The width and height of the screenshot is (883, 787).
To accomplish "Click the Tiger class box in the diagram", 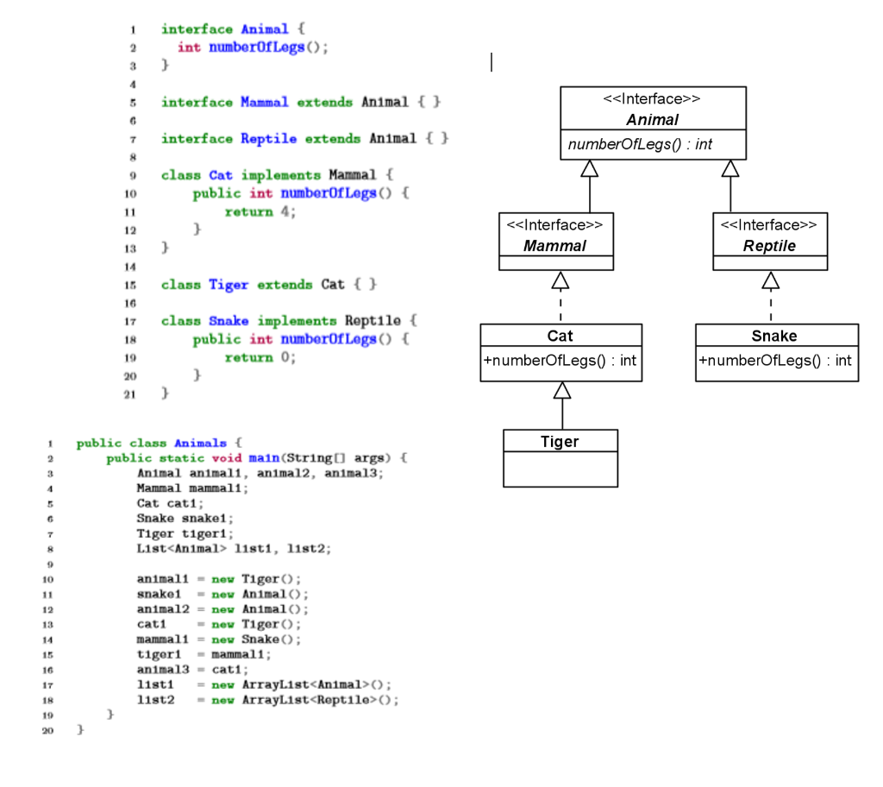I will tap(560, 457).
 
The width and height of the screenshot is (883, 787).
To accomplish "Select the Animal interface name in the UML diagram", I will tap(652, 120).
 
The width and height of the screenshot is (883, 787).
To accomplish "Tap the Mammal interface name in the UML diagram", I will tap(554, 246).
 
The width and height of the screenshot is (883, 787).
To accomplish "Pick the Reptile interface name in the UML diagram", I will tap(769, 246).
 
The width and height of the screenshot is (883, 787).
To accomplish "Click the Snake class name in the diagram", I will tap(774, 336).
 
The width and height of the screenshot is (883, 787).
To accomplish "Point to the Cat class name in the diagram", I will tap(560, 336).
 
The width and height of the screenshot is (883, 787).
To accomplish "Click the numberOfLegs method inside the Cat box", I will tap(560, 361).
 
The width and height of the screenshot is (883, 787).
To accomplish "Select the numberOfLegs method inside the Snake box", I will tap(775, 361).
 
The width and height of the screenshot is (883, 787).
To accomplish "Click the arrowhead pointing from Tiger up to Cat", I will tap(562, 391).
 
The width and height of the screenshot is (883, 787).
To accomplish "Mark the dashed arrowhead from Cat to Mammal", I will tap(560, 280).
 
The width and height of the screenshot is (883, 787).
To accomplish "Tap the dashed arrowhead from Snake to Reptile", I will tap(771, 280).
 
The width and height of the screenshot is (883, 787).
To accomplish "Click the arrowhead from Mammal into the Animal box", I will tap(590, 169).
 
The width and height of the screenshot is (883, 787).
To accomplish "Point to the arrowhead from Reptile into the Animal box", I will tap(730, 169).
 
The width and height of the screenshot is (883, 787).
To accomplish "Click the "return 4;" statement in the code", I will tap(260, 211).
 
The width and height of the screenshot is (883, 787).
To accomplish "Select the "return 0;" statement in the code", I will tap(260, 357).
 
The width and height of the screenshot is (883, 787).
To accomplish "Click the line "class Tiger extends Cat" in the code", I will tap(268, 284).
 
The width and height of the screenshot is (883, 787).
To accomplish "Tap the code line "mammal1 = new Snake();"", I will tap(219, 639).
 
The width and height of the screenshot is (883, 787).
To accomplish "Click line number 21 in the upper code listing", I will tap(130, 394).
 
